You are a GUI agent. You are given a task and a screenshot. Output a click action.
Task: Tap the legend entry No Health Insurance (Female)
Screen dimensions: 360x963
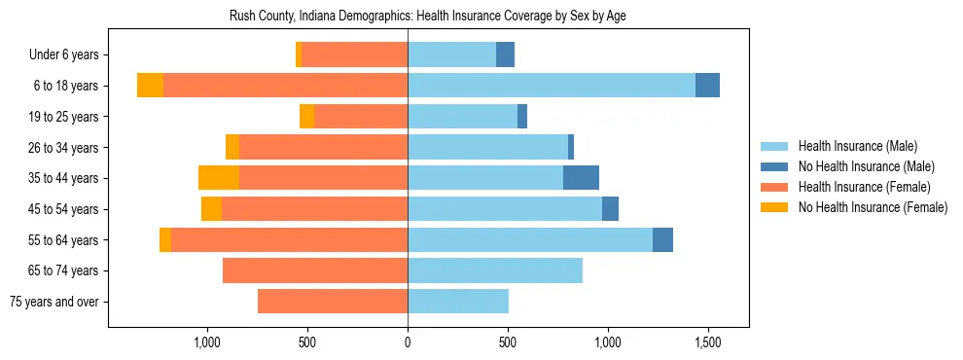tap(873, 207)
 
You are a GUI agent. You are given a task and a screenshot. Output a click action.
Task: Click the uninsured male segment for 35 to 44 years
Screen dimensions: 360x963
tap(581, 178)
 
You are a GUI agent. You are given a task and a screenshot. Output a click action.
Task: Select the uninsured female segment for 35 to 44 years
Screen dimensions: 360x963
tap(219, 178)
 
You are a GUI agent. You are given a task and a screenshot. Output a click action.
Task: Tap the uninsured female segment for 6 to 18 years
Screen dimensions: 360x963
tap(150, 86)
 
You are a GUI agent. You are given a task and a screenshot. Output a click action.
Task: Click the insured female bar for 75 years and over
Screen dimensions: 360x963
tap(333, 302)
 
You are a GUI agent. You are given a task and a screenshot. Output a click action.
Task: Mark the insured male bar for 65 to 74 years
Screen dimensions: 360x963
tap(495, 270)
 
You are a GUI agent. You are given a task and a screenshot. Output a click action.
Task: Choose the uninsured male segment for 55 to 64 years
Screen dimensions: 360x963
tap(662, 239)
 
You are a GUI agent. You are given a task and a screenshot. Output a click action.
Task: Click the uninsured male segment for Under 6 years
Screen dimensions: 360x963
tap(505, 55)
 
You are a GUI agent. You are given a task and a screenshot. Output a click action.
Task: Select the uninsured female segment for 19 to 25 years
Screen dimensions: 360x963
tap(306, 117)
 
